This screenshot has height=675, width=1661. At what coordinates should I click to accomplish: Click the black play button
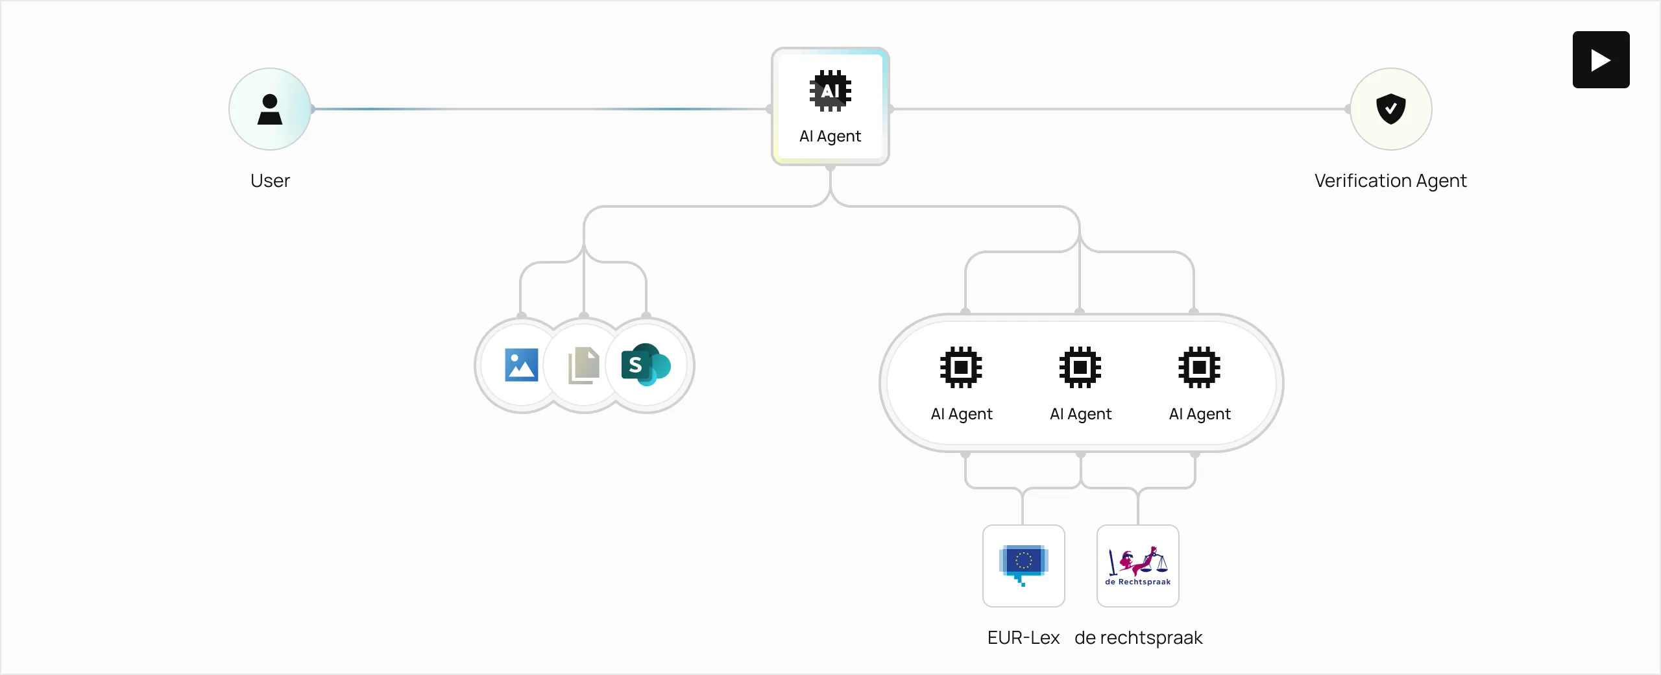1601,60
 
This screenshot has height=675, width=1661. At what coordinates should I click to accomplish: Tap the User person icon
270,109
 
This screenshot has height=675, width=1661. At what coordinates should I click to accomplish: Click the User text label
270,180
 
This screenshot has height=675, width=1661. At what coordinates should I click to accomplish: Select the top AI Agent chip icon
830,91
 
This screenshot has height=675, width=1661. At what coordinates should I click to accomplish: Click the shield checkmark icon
1390,108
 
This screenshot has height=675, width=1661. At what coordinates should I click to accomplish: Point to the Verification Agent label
1390,180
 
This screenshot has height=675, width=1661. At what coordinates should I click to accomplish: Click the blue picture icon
522,365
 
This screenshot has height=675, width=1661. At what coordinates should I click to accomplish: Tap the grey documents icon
583,365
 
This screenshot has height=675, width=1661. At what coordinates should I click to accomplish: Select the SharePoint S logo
645,365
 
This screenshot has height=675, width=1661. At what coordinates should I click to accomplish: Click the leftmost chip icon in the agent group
961,367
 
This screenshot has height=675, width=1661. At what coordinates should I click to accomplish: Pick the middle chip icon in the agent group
1080,367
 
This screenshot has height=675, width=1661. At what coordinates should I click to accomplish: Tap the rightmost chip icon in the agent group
1199,367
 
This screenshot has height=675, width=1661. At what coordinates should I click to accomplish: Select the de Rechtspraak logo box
1137,566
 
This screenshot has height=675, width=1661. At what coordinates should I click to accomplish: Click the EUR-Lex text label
1023,637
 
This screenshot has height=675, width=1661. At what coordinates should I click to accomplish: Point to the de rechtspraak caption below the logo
1138,637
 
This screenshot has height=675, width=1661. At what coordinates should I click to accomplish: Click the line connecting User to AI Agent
539,109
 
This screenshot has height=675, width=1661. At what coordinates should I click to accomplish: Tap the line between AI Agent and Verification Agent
1119,109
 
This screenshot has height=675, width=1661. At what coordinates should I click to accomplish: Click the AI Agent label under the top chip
830,136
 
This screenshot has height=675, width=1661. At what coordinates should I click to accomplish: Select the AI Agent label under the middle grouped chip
1080,414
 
